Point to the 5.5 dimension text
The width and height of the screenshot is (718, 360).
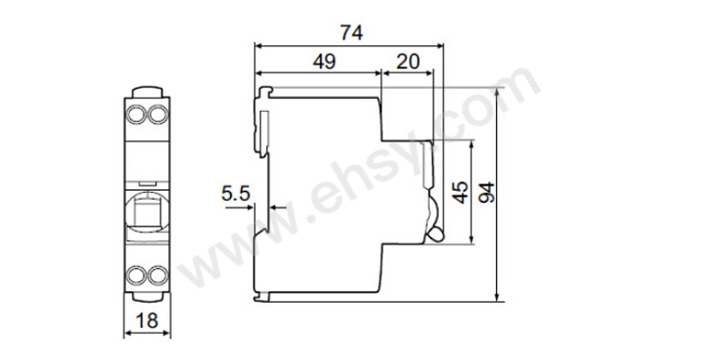235,193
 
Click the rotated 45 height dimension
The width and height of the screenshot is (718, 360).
461,192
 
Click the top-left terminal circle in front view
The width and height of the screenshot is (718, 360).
138,115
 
